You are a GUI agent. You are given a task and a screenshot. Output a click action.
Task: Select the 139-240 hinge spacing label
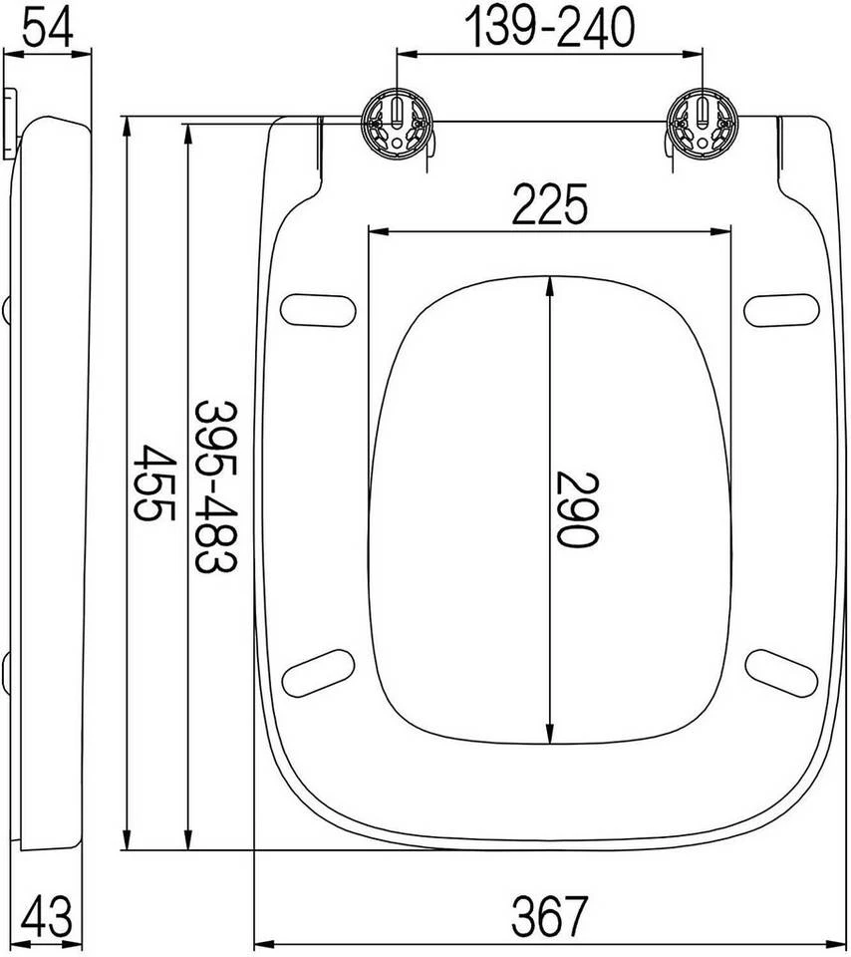(549, 27)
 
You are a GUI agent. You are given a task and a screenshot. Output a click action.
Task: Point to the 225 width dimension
(549, 203)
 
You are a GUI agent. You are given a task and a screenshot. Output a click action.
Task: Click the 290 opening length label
(577, 509)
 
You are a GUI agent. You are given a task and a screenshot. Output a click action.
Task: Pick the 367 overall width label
(549, 915)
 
